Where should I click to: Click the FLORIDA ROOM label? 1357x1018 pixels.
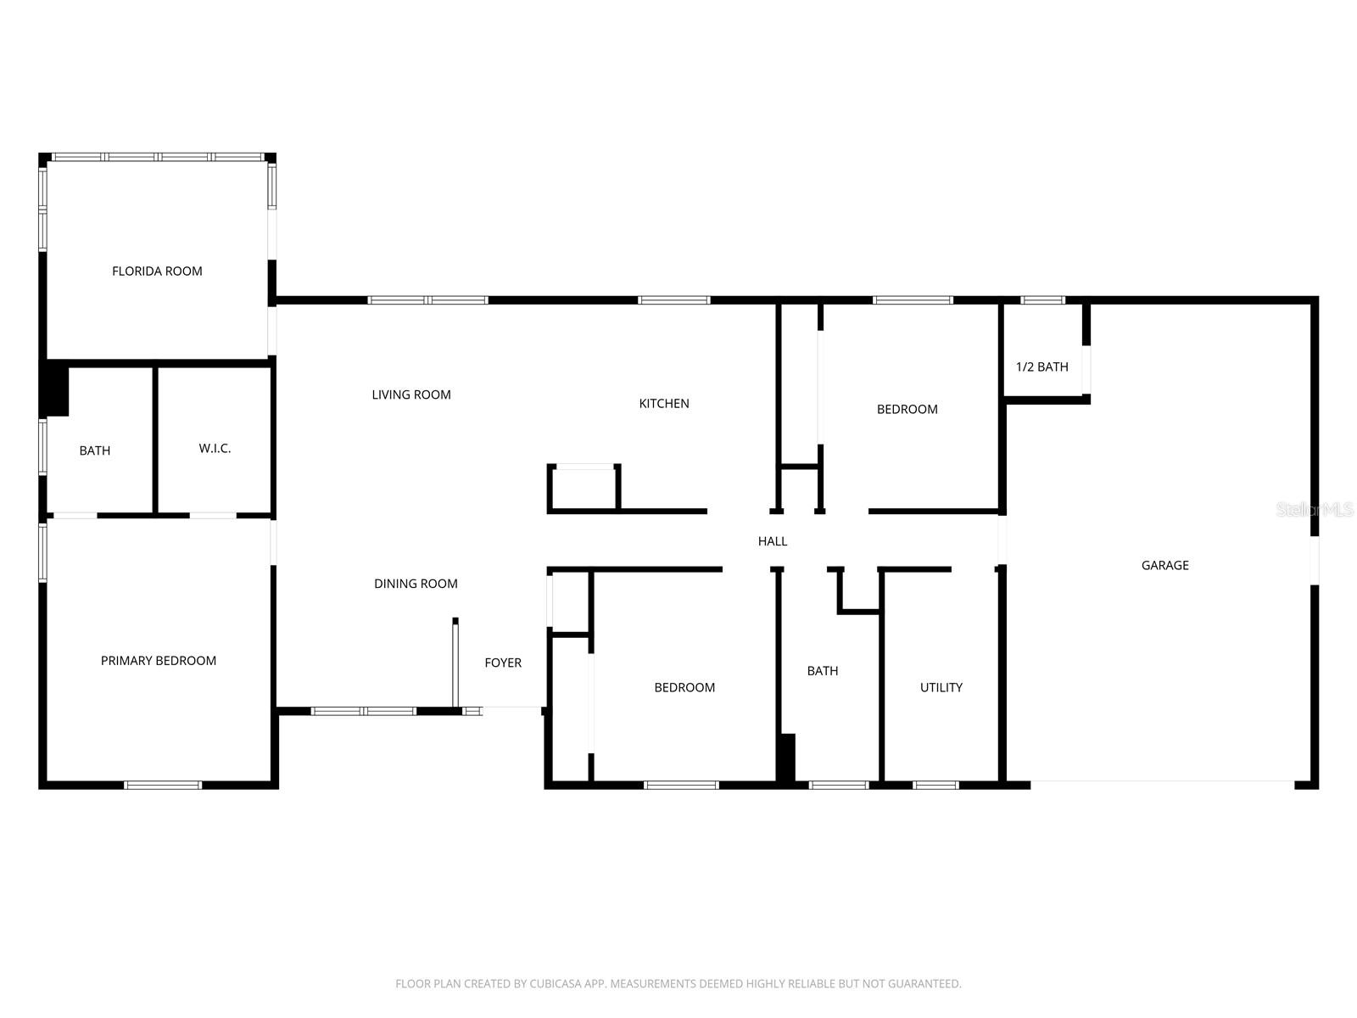(x=157, y=271)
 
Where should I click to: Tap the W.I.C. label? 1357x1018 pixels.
(x=215, y=448)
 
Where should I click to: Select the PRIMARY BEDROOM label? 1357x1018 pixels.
(x=159, y=661)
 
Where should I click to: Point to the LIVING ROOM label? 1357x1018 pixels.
(x=411, y=394)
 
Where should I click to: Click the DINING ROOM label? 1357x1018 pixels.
(x=416, y=584)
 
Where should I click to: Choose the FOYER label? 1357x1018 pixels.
(x=503, y=663)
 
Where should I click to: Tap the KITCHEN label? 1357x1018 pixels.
(x=664, y=404)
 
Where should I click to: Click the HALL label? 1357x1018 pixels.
(x=773, y=541)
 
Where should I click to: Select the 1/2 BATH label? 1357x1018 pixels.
(x=1042, y=367)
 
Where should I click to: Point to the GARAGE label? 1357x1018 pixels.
(x=1164, y=565)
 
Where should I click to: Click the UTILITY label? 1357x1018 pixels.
(x=941, y=687)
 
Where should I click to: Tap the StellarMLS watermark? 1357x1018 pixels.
(x=1315, y=510)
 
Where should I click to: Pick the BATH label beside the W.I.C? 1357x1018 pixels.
(x=95, y=450)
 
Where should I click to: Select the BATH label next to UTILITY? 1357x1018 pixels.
(x=823, y=671)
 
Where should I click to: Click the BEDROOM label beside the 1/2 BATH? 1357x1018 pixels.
(x=907, y=409)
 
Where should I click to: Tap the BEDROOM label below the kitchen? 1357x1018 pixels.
(x=684, y=687)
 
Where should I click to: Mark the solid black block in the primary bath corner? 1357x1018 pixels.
(x=57, y=389)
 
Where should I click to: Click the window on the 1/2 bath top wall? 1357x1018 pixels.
(x=1042, y=299)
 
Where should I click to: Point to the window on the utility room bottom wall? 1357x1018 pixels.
(x=936, y=785)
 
